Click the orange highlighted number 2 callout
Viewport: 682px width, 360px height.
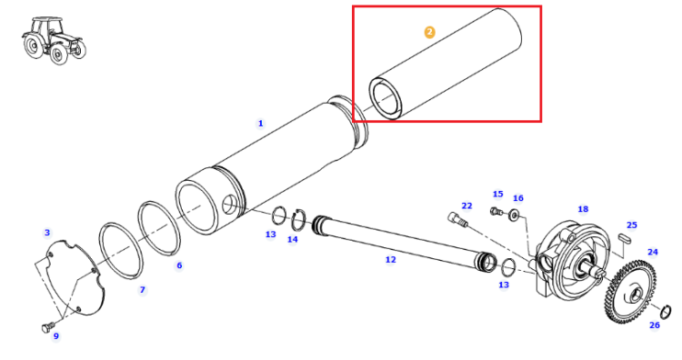coord(429,32)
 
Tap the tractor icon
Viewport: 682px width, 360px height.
coord(54,40)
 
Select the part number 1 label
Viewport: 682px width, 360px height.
coord(261,124)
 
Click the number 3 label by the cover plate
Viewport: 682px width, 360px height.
coord(47,233)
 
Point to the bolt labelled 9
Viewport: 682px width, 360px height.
coord(47,327)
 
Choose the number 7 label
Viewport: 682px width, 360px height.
coord(142,290)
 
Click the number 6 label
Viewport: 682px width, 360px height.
coord(179,265)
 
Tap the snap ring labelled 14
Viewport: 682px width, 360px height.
coord(298,220)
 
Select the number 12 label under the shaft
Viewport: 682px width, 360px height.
coord(391,260)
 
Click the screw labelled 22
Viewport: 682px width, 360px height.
coord(457,219)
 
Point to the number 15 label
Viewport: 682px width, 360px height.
coord(498,194)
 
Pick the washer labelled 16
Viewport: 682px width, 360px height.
coord(515,215)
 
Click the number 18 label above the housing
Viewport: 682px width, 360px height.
coord(583,209)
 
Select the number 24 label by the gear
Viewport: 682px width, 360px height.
coord(652,252)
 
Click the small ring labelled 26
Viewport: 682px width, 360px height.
coord(666,311)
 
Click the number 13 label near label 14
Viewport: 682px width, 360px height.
coord(271,235)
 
